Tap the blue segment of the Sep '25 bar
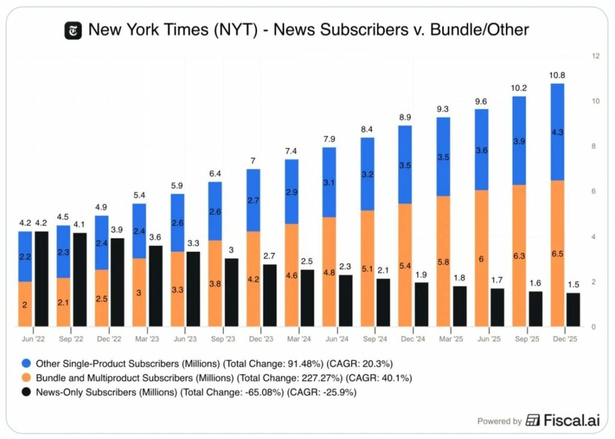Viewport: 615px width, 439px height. pyautogui.click(x=519, y=141)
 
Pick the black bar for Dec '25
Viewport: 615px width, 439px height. pyautogui.click(x=574, y=310)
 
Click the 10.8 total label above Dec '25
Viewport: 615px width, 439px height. pyautogui.click(x=557, y=76)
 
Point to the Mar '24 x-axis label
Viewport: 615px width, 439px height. pyautogui.click(x=299, y=339)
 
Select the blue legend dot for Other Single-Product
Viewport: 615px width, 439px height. pyautogui.click(x=26, y=363)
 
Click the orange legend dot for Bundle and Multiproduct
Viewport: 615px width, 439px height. pyautogui.click(x=26, y=378)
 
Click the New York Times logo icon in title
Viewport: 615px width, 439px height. pyautogui.click(x=73, y=30)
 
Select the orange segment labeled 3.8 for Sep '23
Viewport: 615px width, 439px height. pyautogui.click(x=215, y=283)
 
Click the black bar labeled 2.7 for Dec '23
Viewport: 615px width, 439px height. pyautogui.click(x=270, y=295)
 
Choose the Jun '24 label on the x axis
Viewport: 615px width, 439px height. pyautogui.click(x=337, y=339)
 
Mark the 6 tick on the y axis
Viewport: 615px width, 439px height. pyautogui.click(x=594, y=192)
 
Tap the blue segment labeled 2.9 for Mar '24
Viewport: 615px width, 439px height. pyautogui.click(x=291, y=192)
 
